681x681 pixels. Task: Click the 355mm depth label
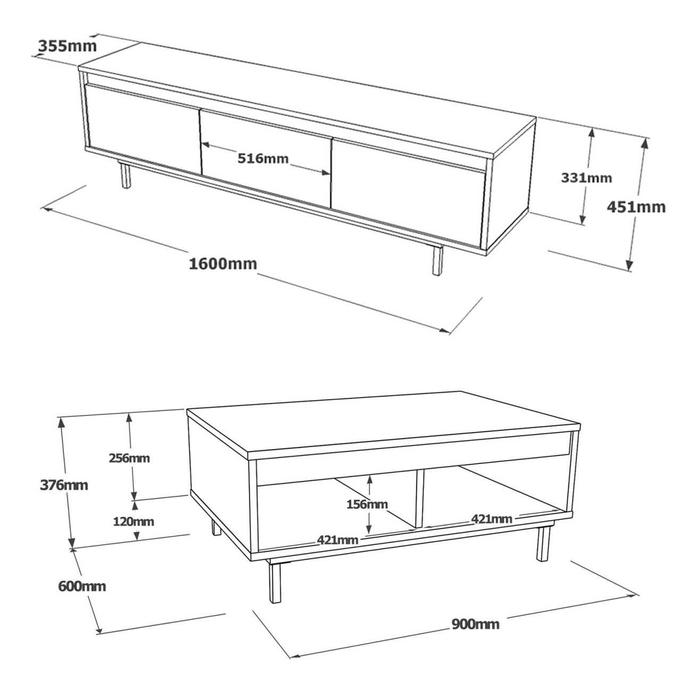point(68,46)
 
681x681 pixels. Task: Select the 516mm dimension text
point(263,158)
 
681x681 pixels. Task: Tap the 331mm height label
point(586,178)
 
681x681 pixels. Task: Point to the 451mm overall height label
point(636,207)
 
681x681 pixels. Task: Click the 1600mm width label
point(223,263)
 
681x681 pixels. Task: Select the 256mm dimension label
point(129,458)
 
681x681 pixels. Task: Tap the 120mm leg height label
point(133,521)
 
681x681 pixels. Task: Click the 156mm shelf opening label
point(367,504)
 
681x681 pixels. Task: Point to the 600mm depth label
point(82,586)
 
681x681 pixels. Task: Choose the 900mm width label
point(475,624)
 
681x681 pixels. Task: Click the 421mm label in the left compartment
point(337,540)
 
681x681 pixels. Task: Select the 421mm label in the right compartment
point(491,518)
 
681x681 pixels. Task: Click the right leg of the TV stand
point(437,260)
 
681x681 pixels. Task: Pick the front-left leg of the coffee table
point(275,583)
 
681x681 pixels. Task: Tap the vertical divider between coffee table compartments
point(420,497)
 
